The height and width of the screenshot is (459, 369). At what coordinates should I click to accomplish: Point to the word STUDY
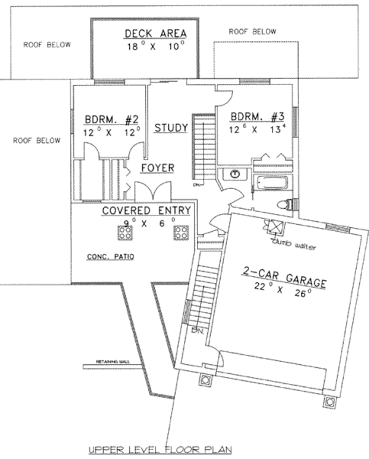(x=171, y=128)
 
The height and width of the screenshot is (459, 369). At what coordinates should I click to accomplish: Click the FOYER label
(x=157, y=168)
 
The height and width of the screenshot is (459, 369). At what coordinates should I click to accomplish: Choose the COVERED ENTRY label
(x=146, y=211)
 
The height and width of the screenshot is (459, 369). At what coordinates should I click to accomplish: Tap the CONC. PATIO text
(x=111, y=256)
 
